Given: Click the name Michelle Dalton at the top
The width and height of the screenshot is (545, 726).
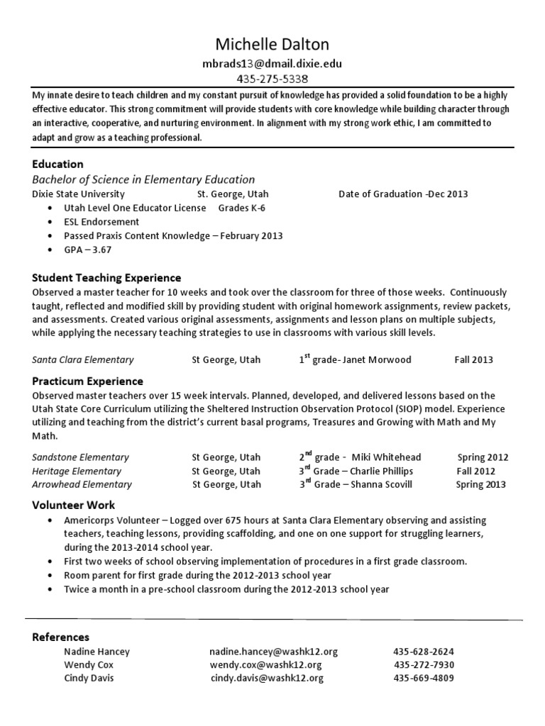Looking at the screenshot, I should pyautogui.click(x=272, y=44).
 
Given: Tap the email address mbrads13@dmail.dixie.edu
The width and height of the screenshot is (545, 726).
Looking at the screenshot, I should pyautogui.click(x=272, y=63).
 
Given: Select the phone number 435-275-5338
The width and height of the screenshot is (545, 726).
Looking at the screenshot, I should pyautogui.click(x=272, y=79).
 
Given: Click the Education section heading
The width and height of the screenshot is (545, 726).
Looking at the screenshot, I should pyautogui.click(x=58, y=164).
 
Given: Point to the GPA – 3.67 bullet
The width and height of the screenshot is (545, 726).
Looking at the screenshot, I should pyautogui.click(x=88, y=250).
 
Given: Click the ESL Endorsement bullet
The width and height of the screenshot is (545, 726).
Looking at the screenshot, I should pyautogui.click(x=101, y=222).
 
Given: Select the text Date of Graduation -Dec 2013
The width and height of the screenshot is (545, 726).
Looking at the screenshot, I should pyautogui.click(x=403, y=194).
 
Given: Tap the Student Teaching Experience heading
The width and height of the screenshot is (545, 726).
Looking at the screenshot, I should pyautogui.click(x=106, y=278).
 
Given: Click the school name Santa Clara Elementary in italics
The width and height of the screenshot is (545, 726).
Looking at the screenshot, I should pyautogui.click(x=83, y=359).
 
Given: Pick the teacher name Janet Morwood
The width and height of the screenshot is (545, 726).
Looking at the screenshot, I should pyautogui.click(x=377, y=359).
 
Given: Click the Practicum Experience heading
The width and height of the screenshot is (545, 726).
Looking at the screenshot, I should pyautogui.click(x=88, y=381).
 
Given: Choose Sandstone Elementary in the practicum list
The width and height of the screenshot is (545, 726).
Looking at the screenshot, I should pyautogui.click(x=81, y=457).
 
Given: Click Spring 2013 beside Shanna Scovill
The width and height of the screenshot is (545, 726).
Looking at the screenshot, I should pyautogui.click(x=480, y=484).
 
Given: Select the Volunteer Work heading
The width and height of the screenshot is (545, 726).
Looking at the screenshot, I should pyautogui.click(x=74, y=506).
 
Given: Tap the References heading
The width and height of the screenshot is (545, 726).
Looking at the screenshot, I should pyautogui.click(x=61, y=637).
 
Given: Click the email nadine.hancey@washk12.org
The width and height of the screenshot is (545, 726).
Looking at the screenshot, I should pyautogui.click(x=273, y=652).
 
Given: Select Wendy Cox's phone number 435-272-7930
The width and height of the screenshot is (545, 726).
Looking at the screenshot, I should pyautogui.click(x=424, y=665).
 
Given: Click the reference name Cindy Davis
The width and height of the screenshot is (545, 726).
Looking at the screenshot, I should pyautogui.click(x=88, y=678).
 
